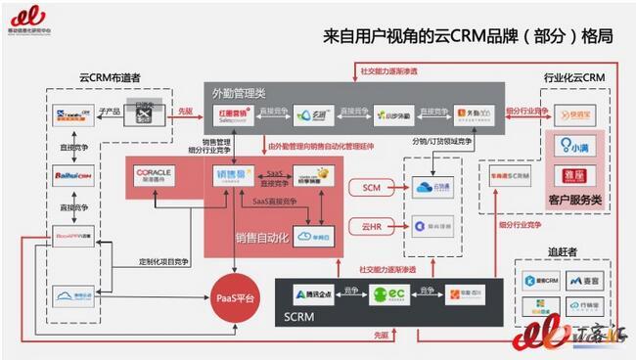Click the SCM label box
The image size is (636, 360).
click(372, 186)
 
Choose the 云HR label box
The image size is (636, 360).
click(372, 226)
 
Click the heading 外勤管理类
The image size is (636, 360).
click(239, 93)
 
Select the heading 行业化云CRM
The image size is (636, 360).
click(573, 77)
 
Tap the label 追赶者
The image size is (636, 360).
click(562, 251)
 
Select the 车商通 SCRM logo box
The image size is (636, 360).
click(511, 177)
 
